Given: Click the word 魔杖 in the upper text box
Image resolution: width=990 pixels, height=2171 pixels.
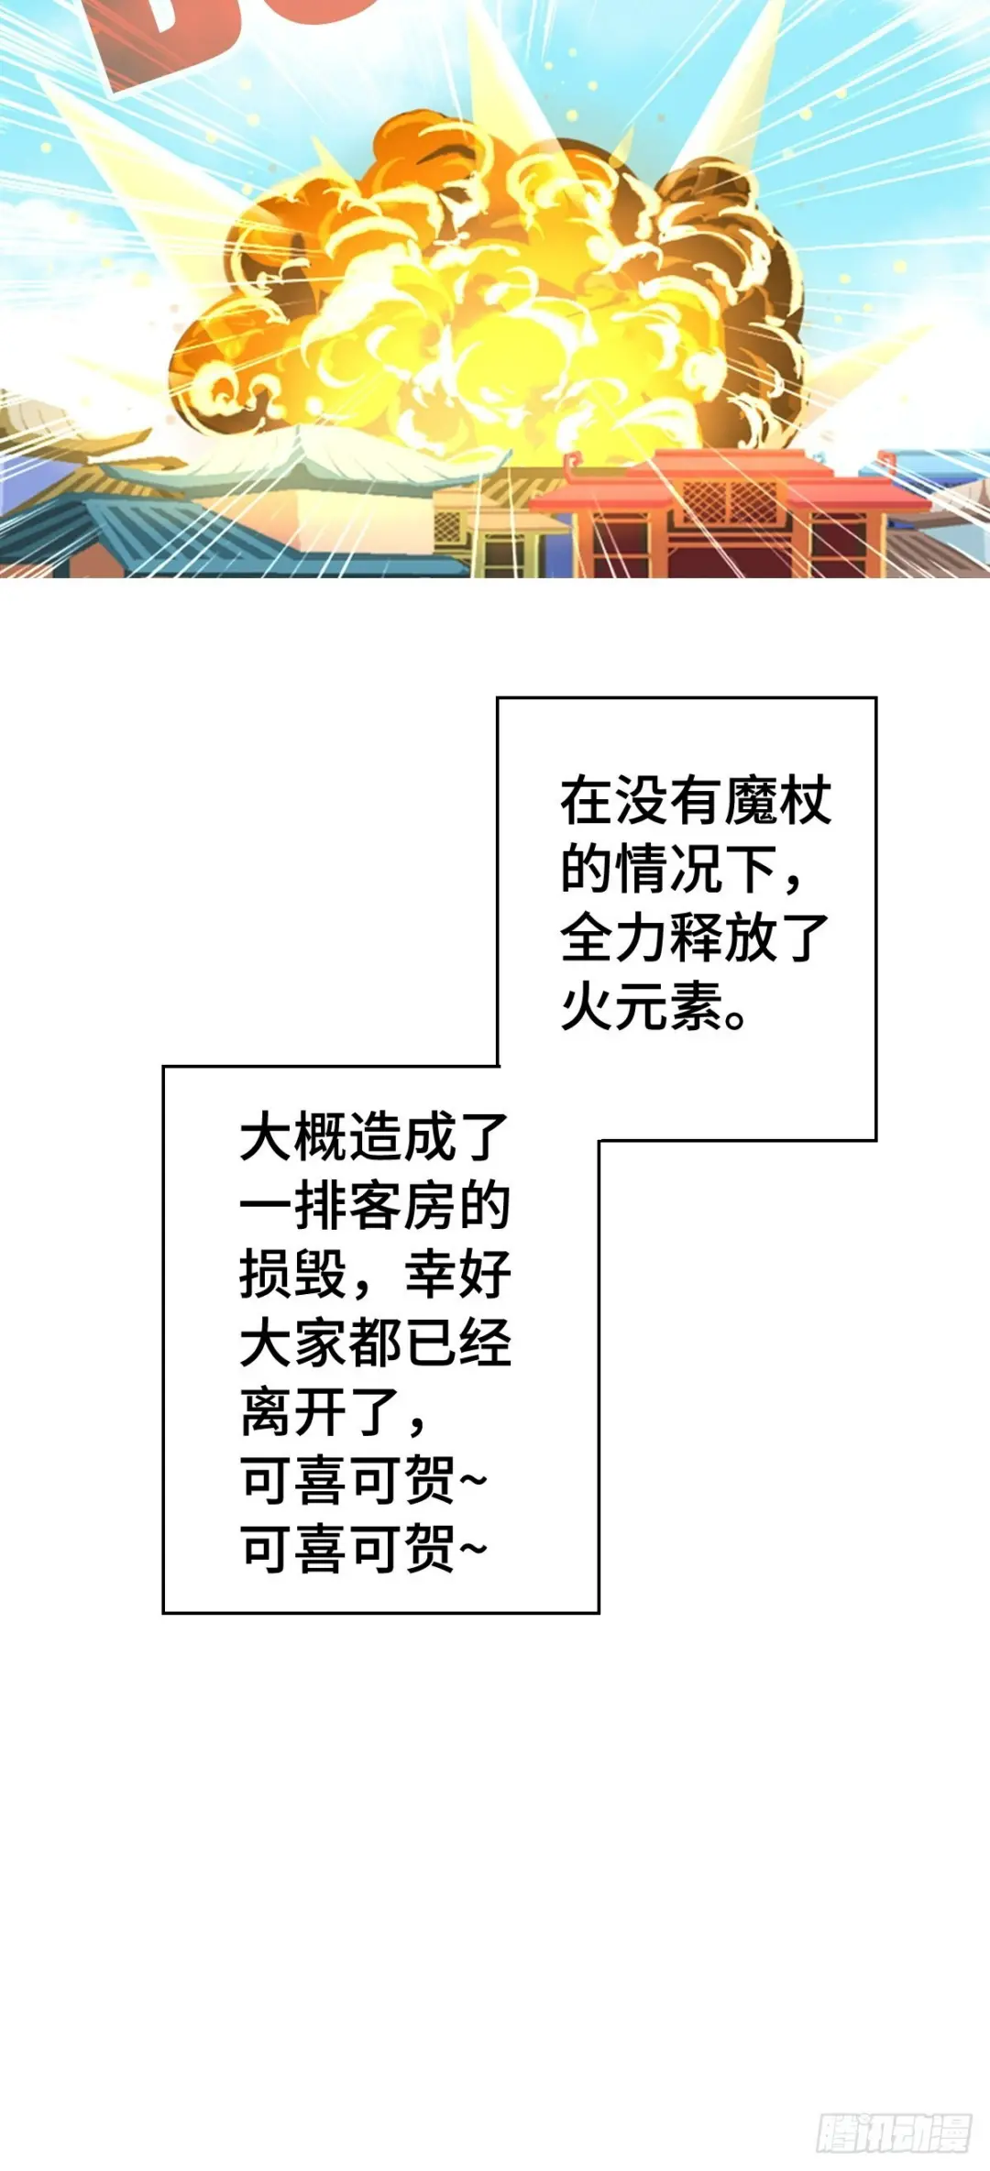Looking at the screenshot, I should coord(777,800).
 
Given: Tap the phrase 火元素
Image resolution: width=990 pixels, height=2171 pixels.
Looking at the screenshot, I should coord(641,1007).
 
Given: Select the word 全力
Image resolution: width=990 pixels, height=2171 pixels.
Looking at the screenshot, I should coord(614,938).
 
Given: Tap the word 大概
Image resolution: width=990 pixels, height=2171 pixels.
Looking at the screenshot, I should coord(292,1137).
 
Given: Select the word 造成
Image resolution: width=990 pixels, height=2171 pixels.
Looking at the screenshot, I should coord(401,1137).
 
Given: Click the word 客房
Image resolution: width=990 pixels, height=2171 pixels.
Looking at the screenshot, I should coord(401,1206).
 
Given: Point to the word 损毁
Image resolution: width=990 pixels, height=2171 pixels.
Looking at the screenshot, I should coord(292,1275).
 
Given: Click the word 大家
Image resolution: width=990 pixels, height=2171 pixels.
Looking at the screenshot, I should coord(292,1343).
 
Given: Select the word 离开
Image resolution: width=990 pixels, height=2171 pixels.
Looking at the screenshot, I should coord(292,1412).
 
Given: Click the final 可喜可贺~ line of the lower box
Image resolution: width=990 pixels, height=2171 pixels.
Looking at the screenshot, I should coord(362,1550).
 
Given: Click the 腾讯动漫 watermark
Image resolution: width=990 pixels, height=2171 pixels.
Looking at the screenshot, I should coord(893,2132).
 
